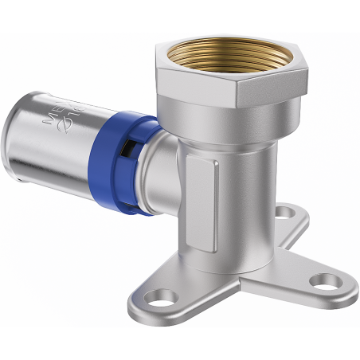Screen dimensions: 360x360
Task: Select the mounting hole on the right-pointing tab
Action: (323, 281)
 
